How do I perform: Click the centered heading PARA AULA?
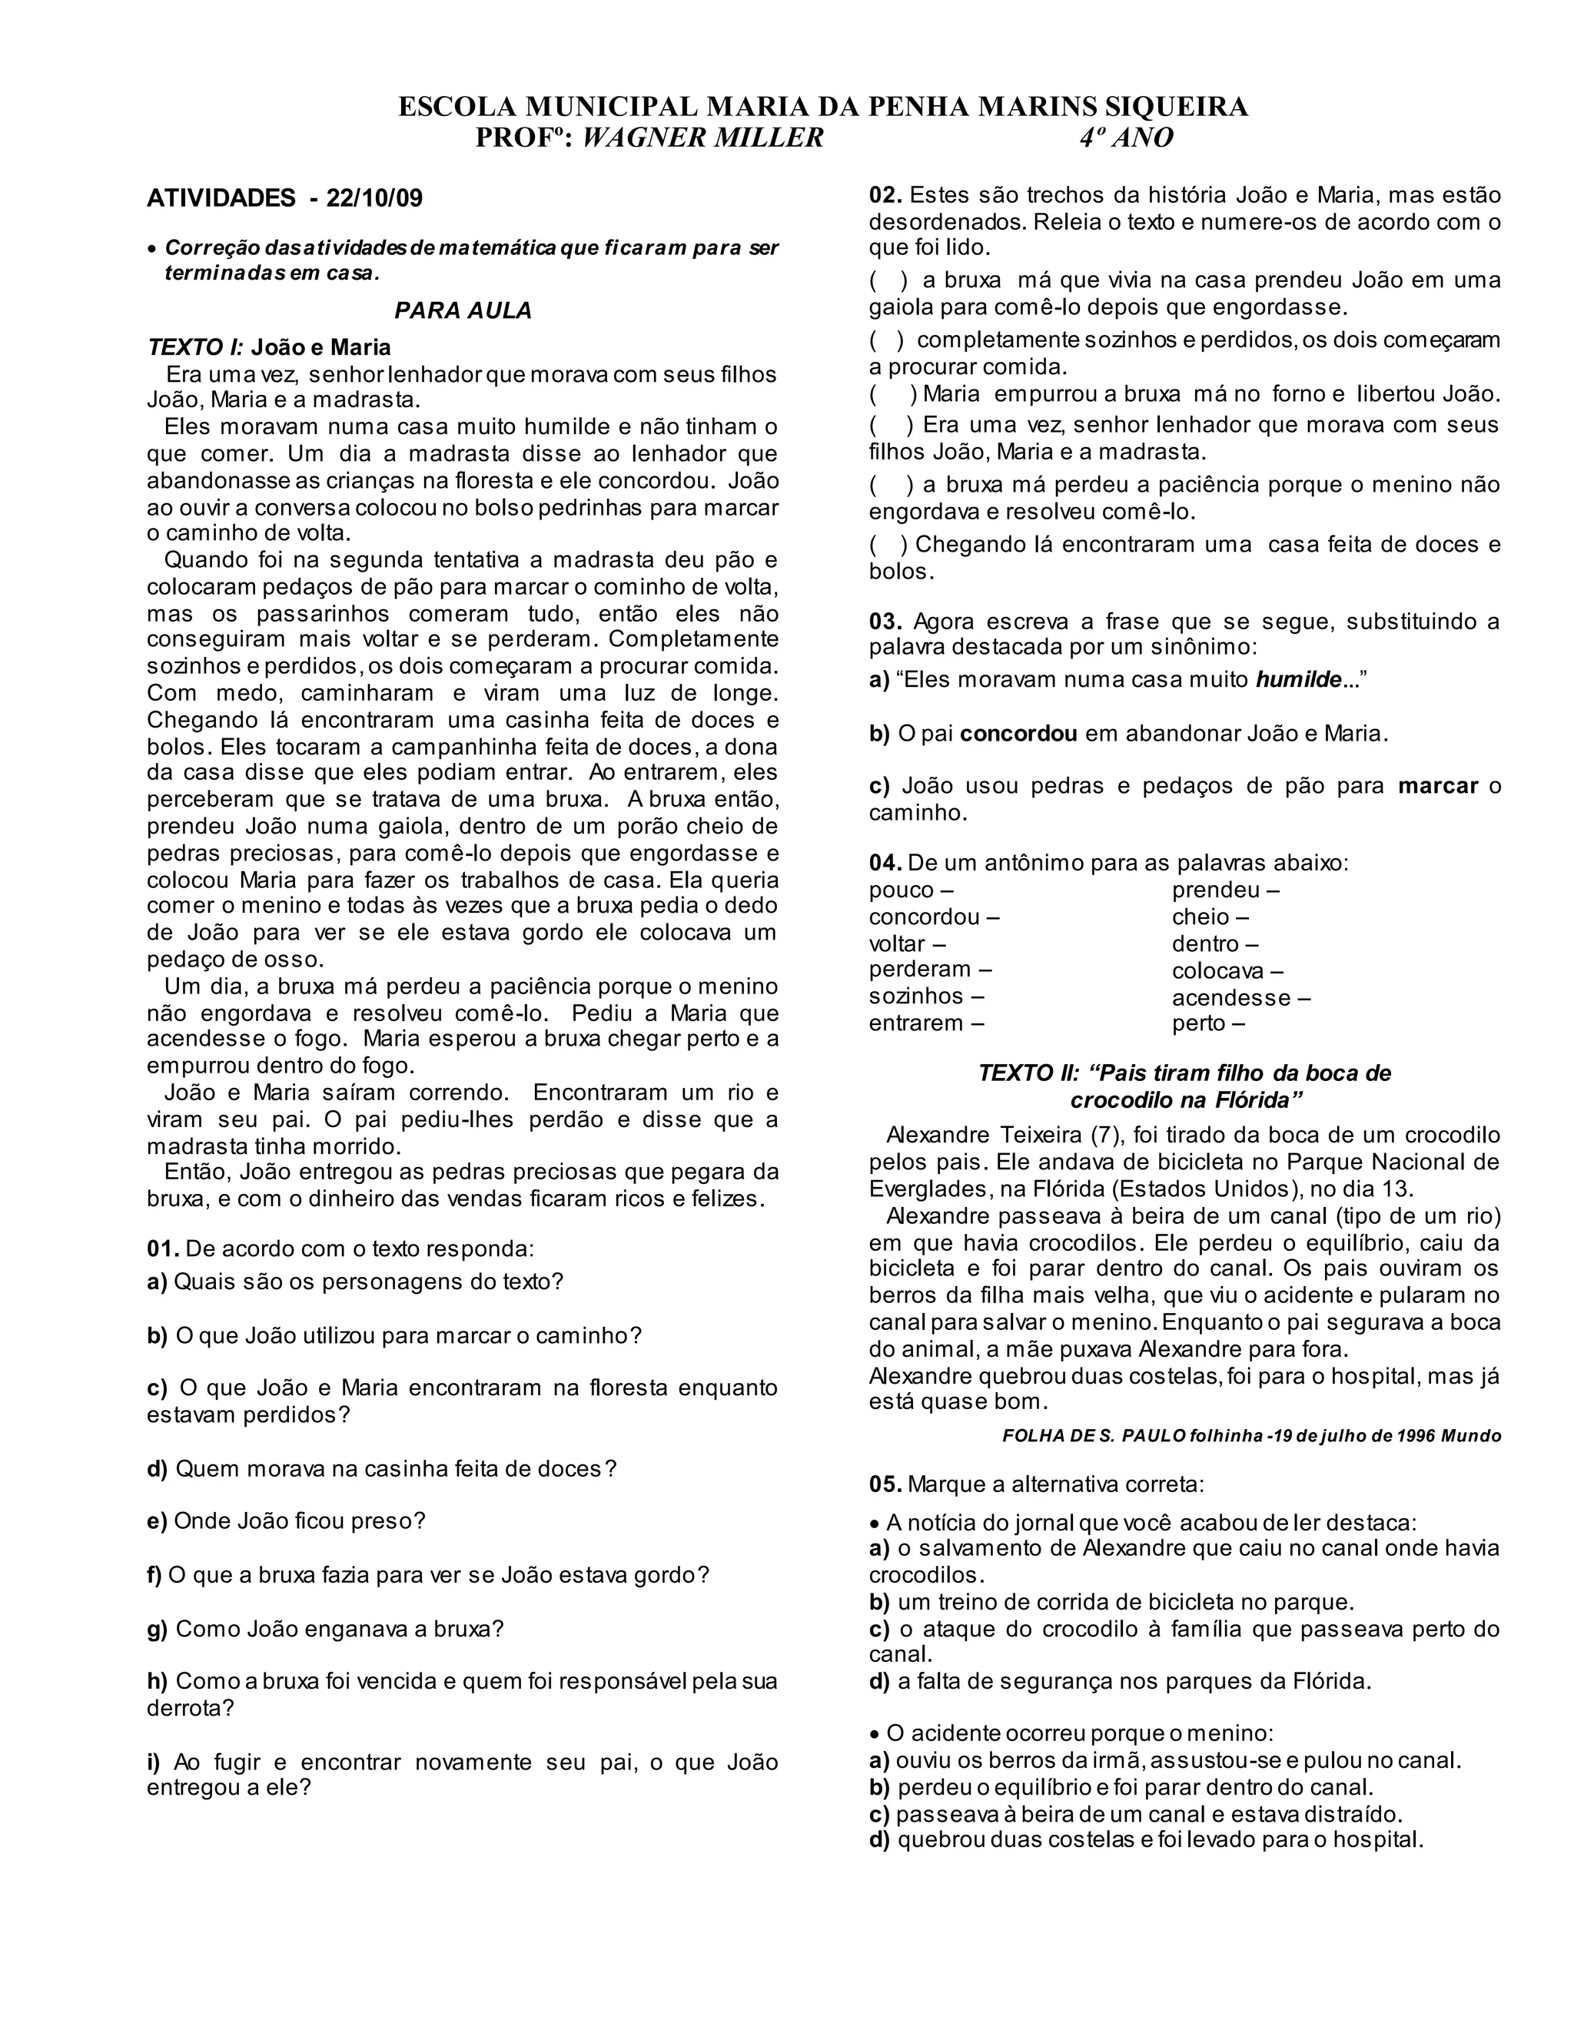coord(463,311)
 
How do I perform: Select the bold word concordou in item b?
coord(1018,733)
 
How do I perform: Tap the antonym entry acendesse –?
coord(1241,997)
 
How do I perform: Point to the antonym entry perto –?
coord(1208,1023)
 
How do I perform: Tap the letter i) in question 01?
coord(154,1762)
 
